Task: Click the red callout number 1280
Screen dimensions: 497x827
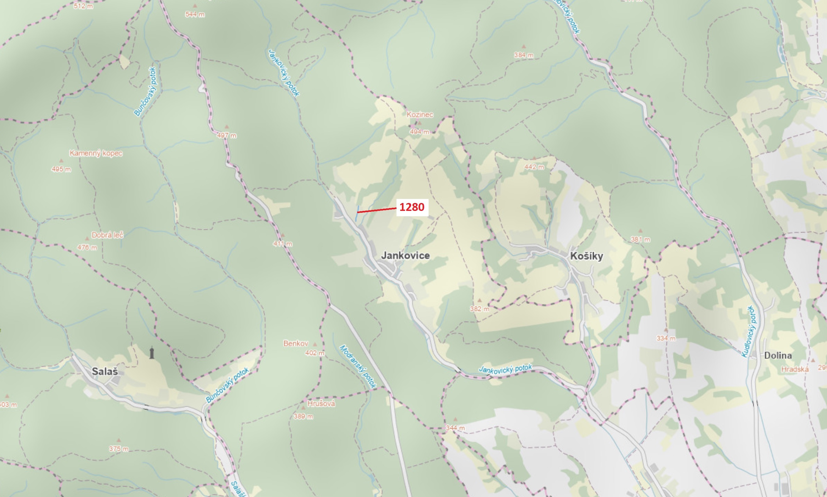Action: click(x=412, y=207)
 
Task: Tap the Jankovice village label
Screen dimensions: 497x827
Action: click(x=405, y=256)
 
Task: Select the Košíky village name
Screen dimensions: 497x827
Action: click(x=586, y=256)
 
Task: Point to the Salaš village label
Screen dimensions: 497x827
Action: click(x=105, y=371)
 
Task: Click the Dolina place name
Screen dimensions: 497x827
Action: click(x=778, y=355)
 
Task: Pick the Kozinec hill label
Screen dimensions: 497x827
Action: click(x=420, y=115)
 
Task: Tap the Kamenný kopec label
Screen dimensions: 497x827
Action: click(x=96, y=153)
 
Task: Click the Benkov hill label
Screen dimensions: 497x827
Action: click(x=295, y=343)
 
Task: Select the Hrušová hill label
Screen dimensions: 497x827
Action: click(x=321, y=404)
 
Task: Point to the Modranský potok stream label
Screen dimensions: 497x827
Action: click(x=358, y=367)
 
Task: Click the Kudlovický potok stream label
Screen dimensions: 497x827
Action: click(x=750, y=331)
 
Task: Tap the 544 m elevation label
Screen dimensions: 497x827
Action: click(x=195, y=14)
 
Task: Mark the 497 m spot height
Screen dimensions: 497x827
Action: click(x=226, y=135)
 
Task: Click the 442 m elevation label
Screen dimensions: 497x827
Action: click(x=534, y=167)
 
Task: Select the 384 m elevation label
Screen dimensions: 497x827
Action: click(x=524, y=55)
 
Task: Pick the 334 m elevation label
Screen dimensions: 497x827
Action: click(x=666, y=338)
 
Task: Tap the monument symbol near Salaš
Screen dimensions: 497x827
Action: click(x=152, y=353)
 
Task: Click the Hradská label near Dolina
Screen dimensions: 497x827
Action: click(x=795, y=370)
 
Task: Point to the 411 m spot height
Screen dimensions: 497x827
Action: click(x=282, y=244)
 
